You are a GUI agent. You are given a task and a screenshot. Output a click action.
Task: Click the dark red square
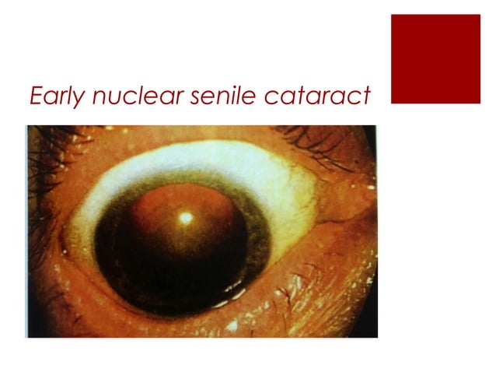tap(435, 59)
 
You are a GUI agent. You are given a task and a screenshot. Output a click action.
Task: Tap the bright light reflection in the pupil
tap(186, 219)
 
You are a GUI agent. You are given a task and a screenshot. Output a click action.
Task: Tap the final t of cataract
tap(364, 97)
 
